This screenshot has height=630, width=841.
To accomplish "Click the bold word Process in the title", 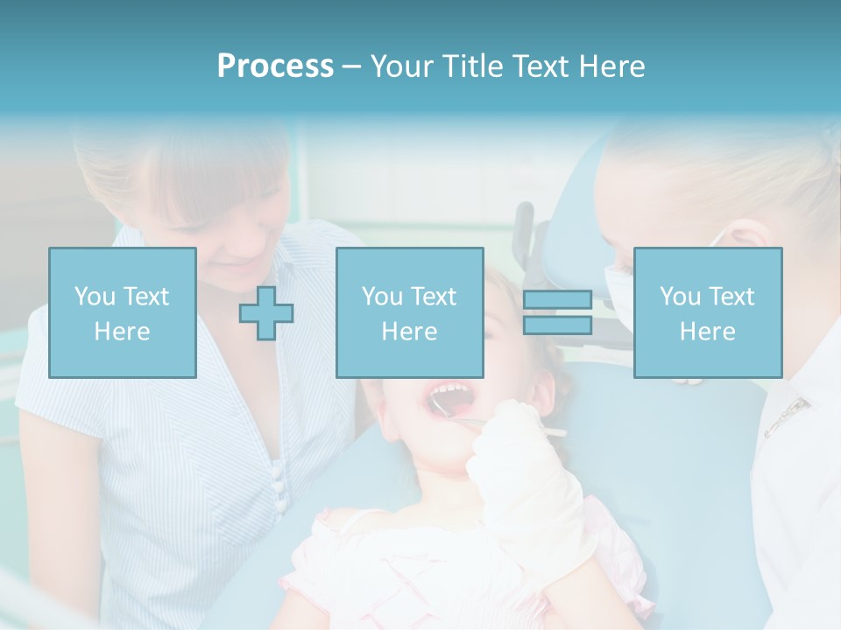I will point(275,66).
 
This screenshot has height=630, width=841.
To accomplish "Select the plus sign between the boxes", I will point(266,312).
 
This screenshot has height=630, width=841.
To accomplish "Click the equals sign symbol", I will point(557,312).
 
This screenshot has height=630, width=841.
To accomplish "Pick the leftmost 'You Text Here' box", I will point(123,312).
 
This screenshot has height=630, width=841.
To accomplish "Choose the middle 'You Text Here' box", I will point(409,312).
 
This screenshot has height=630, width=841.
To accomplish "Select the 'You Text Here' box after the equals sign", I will point(707,312).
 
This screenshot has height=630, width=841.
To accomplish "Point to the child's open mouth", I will point(449,398).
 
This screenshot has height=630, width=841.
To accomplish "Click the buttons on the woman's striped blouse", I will point(279,490).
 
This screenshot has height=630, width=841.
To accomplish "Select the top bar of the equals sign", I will point(557,300).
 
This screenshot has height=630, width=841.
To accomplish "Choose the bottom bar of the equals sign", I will point(557,325).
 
